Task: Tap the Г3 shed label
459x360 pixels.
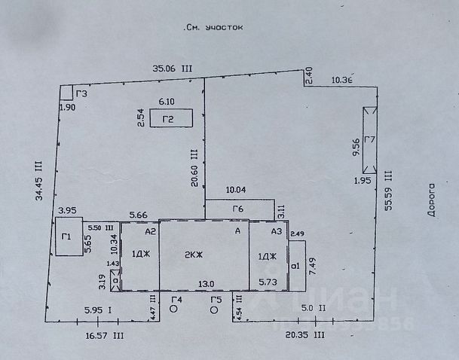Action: coord(81,94)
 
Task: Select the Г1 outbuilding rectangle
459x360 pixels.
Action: coord(66,236)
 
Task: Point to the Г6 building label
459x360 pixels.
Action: coord(239,209)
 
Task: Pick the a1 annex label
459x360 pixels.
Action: coord(296,265)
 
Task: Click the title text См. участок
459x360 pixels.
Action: coord(215,26)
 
